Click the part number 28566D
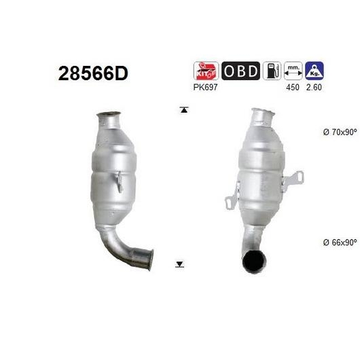tap(93, 73)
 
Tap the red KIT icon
tap(206, 71)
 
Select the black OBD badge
tap(240, 71)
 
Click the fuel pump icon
tap(272, 71)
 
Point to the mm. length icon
tap(293, 71)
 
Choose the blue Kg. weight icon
tap(314, 71)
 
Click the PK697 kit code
tap(205, 87)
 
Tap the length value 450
tap(293, 87)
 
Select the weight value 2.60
tap(314, 87)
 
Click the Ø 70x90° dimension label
tap(340, 132)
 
